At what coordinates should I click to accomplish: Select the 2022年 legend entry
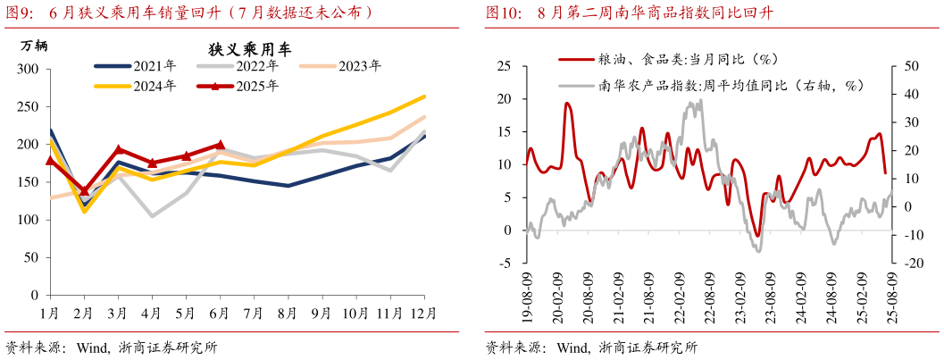point(238,65)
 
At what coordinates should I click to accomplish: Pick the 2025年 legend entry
point(238,86)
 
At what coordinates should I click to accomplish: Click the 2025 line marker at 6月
point(220,144)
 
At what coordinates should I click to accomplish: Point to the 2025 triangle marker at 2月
point(85,190)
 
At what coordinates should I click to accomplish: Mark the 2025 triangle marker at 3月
point(119,149)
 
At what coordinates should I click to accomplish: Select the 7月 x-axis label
point(254,314)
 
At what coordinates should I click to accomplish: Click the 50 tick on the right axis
point(911,66)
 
